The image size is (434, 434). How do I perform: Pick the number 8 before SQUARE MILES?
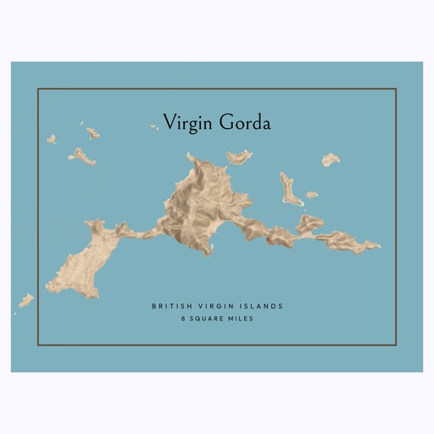click(x=181, y=320)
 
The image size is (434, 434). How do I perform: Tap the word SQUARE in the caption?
click(x=209, y=320)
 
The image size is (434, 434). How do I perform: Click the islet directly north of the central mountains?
click(x=239, y=156)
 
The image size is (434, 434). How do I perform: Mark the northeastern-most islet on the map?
click(x=330, y=159)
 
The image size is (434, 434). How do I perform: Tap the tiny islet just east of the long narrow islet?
click(x=312, y=195)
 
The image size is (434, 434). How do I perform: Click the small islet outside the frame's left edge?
click(x=26, y=300)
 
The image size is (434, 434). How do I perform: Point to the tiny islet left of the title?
click(x=154, y=127)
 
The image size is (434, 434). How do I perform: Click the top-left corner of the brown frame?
click(x=38, y=89)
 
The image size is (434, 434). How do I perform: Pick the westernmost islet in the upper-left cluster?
click(x=52, y=139)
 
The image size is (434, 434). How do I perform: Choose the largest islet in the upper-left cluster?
click(x=82, y=156)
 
